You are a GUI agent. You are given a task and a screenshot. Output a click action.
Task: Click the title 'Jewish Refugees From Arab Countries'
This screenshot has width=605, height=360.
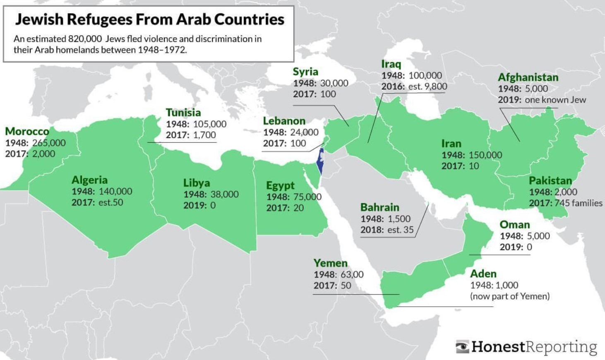[149, 19]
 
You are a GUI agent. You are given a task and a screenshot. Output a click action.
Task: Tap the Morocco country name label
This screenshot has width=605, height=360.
[27, 132]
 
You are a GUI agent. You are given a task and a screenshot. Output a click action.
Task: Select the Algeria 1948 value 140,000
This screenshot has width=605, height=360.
[115, 191]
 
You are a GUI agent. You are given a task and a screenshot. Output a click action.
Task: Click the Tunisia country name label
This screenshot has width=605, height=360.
[183, 113]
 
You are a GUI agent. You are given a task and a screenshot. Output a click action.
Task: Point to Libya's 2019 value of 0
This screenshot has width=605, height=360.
[213, 205]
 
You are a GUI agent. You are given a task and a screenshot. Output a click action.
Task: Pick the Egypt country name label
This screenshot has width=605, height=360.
[280, 185]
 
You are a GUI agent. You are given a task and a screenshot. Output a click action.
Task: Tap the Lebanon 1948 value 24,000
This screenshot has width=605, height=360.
[305, 132]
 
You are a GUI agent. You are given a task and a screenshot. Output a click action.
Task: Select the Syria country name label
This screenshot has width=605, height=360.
[305, 72]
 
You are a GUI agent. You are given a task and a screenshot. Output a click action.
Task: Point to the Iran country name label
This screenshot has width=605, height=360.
[451, 144]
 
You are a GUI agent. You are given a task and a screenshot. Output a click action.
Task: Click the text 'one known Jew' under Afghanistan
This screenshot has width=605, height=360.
[555, 100]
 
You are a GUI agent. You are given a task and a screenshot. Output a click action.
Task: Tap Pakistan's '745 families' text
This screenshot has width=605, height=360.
[579, 203]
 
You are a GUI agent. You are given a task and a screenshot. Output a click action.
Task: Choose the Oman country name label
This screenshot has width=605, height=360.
[514, 225]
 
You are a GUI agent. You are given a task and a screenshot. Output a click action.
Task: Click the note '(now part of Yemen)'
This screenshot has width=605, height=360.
[510, 296]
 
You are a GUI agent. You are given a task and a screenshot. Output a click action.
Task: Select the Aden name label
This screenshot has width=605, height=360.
[483, 274]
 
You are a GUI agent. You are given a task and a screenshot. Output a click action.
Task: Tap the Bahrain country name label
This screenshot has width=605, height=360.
[379, 207]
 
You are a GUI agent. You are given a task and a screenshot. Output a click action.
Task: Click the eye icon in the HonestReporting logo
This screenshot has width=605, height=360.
[462, 347]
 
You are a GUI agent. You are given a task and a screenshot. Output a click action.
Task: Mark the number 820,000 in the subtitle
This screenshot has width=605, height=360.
[85, 39]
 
